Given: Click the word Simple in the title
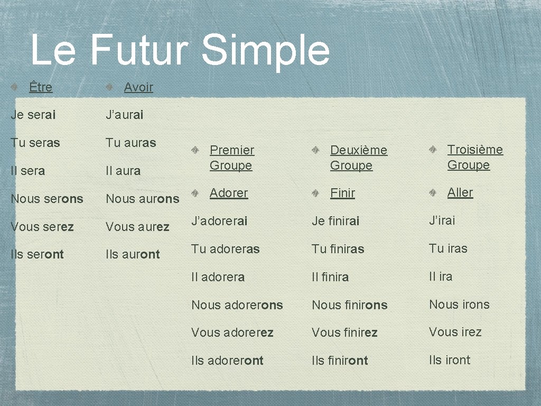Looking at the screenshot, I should (266, 50).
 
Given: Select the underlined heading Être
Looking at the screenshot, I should (41, 87).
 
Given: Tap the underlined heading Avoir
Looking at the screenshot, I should (138, 87).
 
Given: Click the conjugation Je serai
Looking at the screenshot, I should (33, 115).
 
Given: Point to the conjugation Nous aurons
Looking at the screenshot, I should (143, 199).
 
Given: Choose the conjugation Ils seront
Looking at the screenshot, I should (37, 254).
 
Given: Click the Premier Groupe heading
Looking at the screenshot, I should (232, 158).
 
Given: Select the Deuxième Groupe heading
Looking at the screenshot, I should (358, 158).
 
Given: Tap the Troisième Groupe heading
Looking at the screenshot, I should (475, 157).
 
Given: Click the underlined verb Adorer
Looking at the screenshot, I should (229, 193).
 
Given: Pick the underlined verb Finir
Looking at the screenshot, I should (342, 193).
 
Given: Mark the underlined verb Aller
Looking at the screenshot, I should (460, 192).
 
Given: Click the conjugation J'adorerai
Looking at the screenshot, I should (219, 221).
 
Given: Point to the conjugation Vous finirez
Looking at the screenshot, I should (344, 333).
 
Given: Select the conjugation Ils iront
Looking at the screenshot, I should (450, 360).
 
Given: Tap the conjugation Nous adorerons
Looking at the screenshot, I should (237, 305).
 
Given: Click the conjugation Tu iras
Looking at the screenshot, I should (448, 248).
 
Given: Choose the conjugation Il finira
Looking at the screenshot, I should (330, 277).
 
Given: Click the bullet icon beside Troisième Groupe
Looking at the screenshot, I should (433, 150).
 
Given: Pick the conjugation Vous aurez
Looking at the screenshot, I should (137, 227).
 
